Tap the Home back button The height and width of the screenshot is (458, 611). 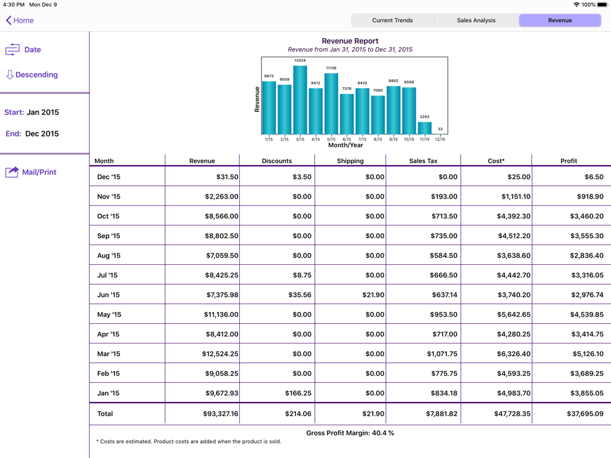point(20,20)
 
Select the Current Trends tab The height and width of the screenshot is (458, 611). point(392,20)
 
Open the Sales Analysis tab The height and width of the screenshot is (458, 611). point(476,20)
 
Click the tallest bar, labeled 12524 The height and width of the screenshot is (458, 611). point(300,100)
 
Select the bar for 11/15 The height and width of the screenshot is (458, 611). point(424,128)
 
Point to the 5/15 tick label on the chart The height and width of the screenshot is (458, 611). point(331,140)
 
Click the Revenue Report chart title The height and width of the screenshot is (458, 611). point(350,41)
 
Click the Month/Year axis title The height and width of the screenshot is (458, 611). point(345,146)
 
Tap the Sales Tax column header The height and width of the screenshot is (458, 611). point(423,161)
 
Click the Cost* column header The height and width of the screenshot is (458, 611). point(496,161)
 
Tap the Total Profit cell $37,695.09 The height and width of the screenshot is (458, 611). point(581,413)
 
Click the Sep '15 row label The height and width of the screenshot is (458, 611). point(109,236)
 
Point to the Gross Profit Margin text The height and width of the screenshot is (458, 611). point(350,433)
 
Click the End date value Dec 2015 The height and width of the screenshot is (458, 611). point(42,134)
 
